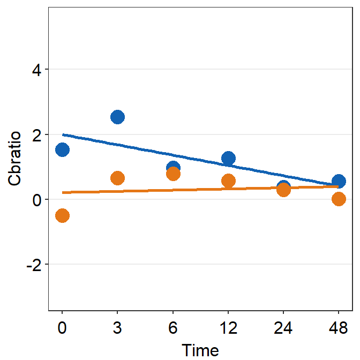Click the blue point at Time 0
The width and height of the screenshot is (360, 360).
tap(62, 149)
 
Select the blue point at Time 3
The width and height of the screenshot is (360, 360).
tap(117, 117)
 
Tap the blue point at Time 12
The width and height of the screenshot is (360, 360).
tap(228, 158)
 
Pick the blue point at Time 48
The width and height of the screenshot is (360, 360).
tap(339, 181)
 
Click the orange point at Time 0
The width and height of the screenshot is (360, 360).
tap(62, 215)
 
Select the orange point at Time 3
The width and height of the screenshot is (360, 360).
tap(117, 178)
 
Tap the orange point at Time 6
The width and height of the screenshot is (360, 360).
tap(173, 174)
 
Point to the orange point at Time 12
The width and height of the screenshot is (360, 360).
tap(228, 181)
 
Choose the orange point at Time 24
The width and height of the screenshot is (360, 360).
tap(283, 190)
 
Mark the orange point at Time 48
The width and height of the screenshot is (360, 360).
tap(339, 199)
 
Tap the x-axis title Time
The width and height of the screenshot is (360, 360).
tap(200, 350)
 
